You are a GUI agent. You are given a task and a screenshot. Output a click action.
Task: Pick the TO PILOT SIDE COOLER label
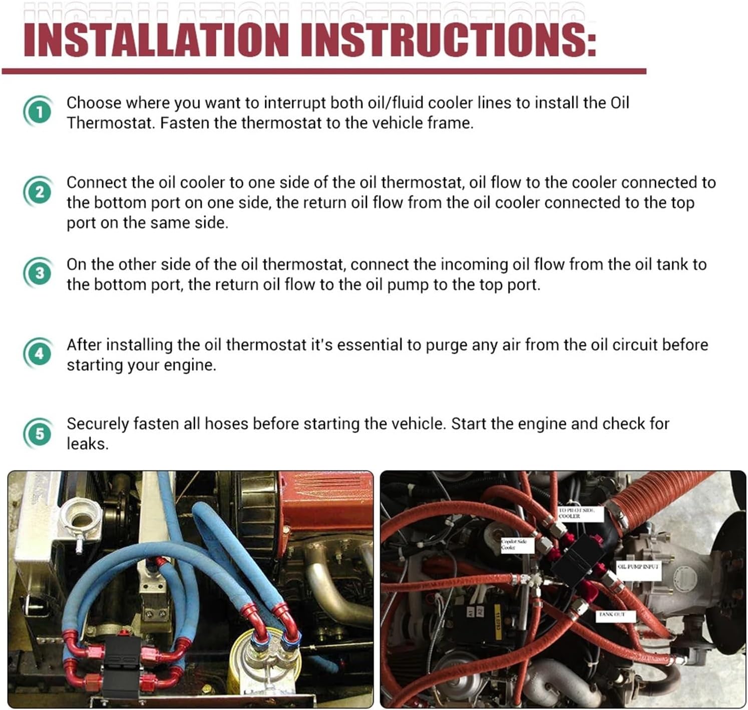[x=576, y=513]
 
